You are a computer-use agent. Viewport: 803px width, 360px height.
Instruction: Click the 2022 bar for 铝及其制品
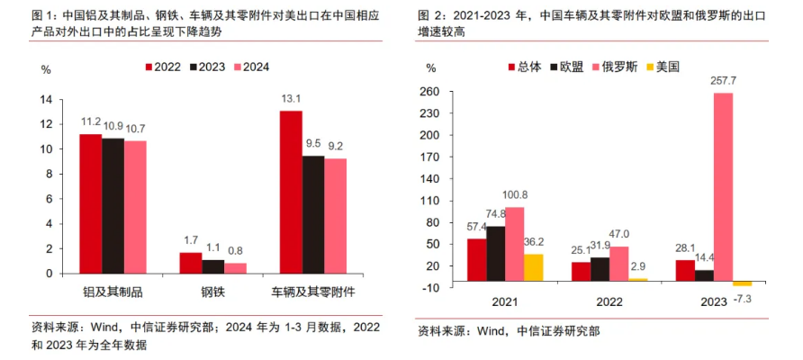tap(90, 203)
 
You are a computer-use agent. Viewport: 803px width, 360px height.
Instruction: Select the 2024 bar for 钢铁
tap(235, 267)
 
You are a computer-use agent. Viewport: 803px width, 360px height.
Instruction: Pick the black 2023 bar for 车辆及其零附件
tap(313, 214)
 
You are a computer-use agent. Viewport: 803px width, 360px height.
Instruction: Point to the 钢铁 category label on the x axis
tap(212, 292)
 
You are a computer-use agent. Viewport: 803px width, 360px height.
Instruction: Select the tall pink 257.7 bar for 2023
tap(723, 190)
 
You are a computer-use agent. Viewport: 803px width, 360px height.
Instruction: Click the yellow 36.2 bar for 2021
tap(534, 267)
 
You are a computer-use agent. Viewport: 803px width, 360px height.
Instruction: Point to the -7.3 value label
tap(744, 298)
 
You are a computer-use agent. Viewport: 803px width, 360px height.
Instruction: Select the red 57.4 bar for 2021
tap(476, 259)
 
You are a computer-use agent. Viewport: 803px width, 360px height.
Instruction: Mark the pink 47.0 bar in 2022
tap(618, 264)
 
